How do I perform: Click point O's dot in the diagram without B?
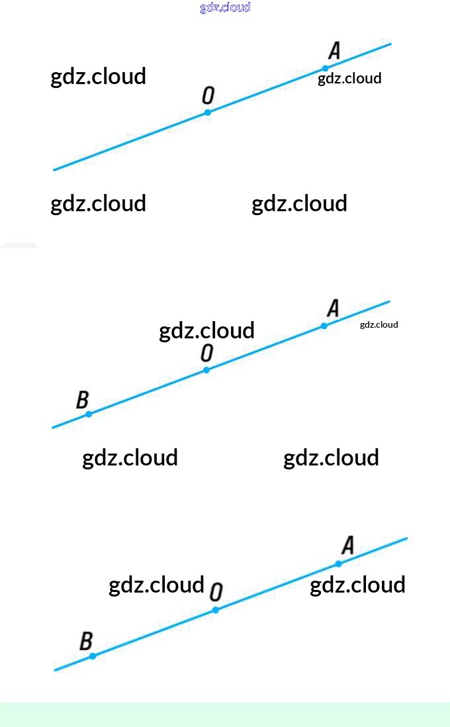pyautogui.click(x=207, y=113)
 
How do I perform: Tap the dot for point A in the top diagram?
pyautogui.click(x=325, y=68)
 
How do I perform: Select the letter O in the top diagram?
pyautogui.click(x=208, y=96)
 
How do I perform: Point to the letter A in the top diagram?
pyautogui.click(x=334, y=51)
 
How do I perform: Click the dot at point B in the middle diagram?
pyautogui.click(x=89, y=414)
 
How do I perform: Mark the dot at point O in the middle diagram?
pyautogui.click(x=206, y=369)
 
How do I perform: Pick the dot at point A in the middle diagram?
pyautogui.click(x=324, y=326)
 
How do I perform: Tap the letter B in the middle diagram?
pyautogui.click(x=82, y=400)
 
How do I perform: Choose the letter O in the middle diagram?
pyautogui.click(x=207, y=353)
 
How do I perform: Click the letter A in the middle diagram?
pyautogui.click(x=333, y=308)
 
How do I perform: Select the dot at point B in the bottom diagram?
pyautogui.click(x=93, y=655)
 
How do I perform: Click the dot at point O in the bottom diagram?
pyautogui.click(x=215, y=610)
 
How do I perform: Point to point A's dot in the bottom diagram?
pyautogui.click(x=338, y=563)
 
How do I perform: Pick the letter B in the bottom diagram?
pyautogui.click(x=86, y=642)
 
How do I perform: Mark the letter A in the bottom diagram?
pyautogui.click(x=347, y=546)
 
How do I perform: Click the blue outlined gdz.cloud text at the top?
pyautogui.click(x=225, y=7)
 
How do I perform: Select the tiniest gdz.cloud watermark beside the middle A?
pyautogui.click(x=379, y=324)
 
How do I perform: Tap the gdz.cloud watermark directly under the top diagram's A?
pyautogui.click(x=349, y=79)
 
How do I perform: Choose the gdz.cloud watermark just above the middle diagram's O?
pyautogui.click(x=206, y=330)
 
